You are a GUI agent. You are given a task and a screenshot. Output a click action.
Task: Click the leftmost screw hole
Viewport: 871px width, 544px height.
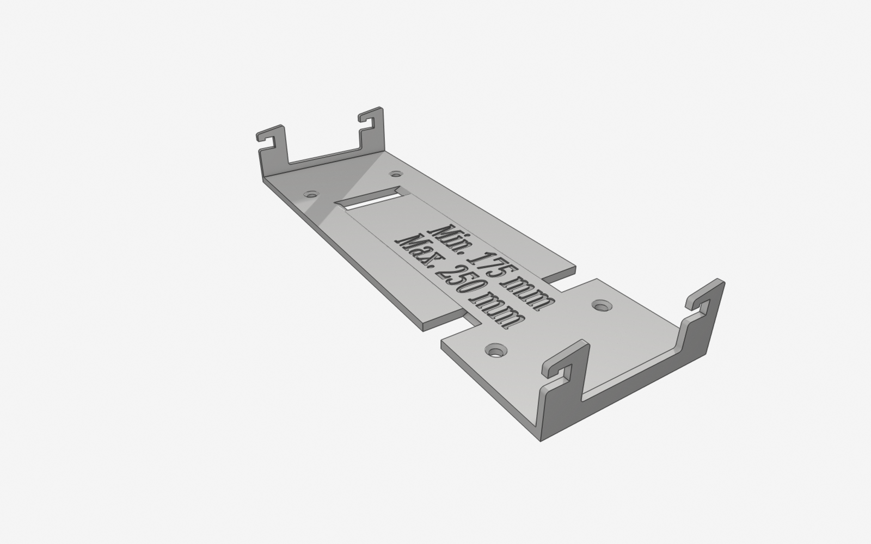311,194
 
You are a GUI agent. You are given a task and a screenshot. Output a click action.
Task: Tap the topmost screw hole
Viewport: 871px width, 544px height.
395,174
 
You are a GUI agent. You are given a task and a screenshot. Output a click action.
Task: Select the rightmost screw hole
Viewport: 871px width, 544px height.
602,305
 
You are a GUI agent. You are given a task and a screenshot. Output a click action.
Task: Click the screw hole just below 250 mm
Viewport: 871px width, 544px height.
496,350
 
